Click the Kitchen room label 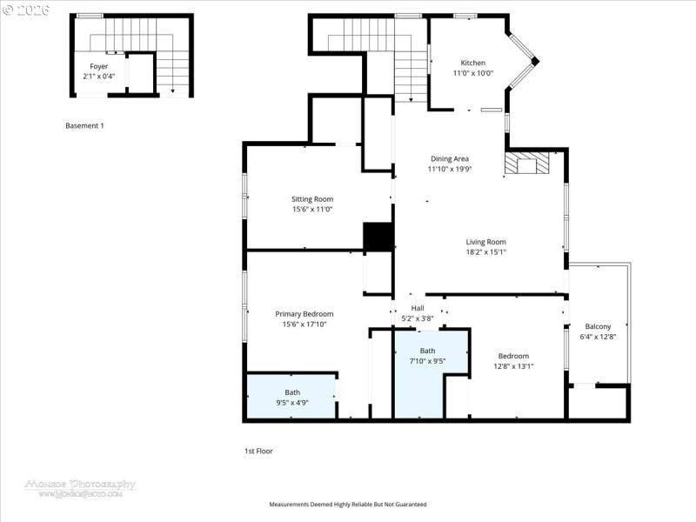pyautogui.click(x=472, y=63)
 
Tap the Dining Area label pyautogui.click(x=449, y=158)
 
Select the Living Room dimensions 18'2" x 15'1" pyautogui.click(x=486, y=252)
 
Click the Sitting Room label pyautogui.click(x=311, y=199)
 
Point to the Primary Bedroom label pyautogui.click(x=304, y=314)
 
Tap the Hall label pyautogui.click(x=418, y=308)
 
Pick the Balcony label pyautogui.click(x=598, y=326)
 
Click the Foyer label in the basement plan pyautogui.click(x=98, y=66)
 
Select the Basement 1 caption pyautogui.click(x=84, y=125)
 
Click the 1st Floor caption pyautogui.click(x=258, y=451)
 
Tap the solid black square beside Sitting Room pyautogui.click(x=378, y=238)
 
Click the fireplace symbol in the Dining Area pyautogui.click(x=529, y=164)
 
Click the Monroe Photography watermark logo pyautogui.click(x=80, y=486)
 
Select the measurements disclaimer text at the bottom pyautogui.click(x=346, y=504)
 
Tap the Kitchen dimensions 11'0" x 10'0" pyautogui.click(x=472, y=73)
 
